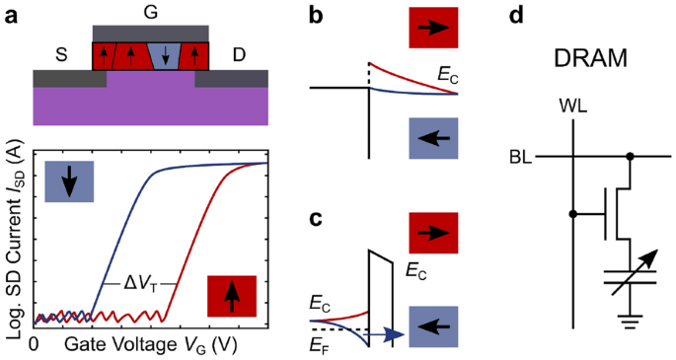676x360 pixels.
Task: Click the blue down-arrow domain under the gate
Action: click(x=163, y=57)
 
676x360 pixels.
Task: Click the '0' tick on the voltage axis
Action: click(x=35, y=345)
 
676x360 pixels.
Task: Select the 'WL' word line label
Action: click(x=572, y=105)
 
